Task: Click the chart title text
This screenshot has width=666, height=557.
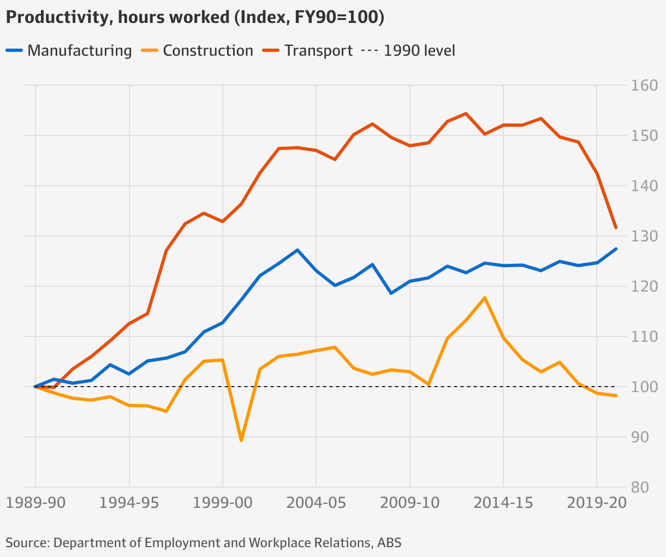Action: pos(195,17)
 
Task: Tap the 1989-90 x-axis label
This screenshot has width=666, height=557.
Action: pos(35,503)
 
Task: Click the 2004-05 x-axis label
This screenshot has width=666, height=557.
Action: pos(316,503)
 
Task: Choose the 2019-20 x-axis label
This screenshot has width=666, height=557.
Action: pos(596,503)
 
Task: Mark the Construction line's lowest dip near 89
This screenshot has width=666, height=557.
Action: pos(241,440)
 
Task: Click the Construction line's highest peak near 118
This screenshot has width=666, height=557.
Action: pos(485,298)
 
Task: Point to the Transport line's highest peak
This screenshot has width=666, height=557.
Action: pos(466,114)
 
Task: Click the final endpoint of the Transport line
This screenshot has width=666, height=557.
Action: pos(616,228)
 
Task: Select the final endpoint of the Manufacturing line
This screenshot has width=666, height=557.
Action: pos(616,249)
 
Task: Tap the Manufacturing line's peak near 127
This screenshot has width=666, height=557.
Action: pos(297,250)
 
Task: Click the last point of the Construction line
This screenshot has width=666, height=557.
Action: pos(616,395)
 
